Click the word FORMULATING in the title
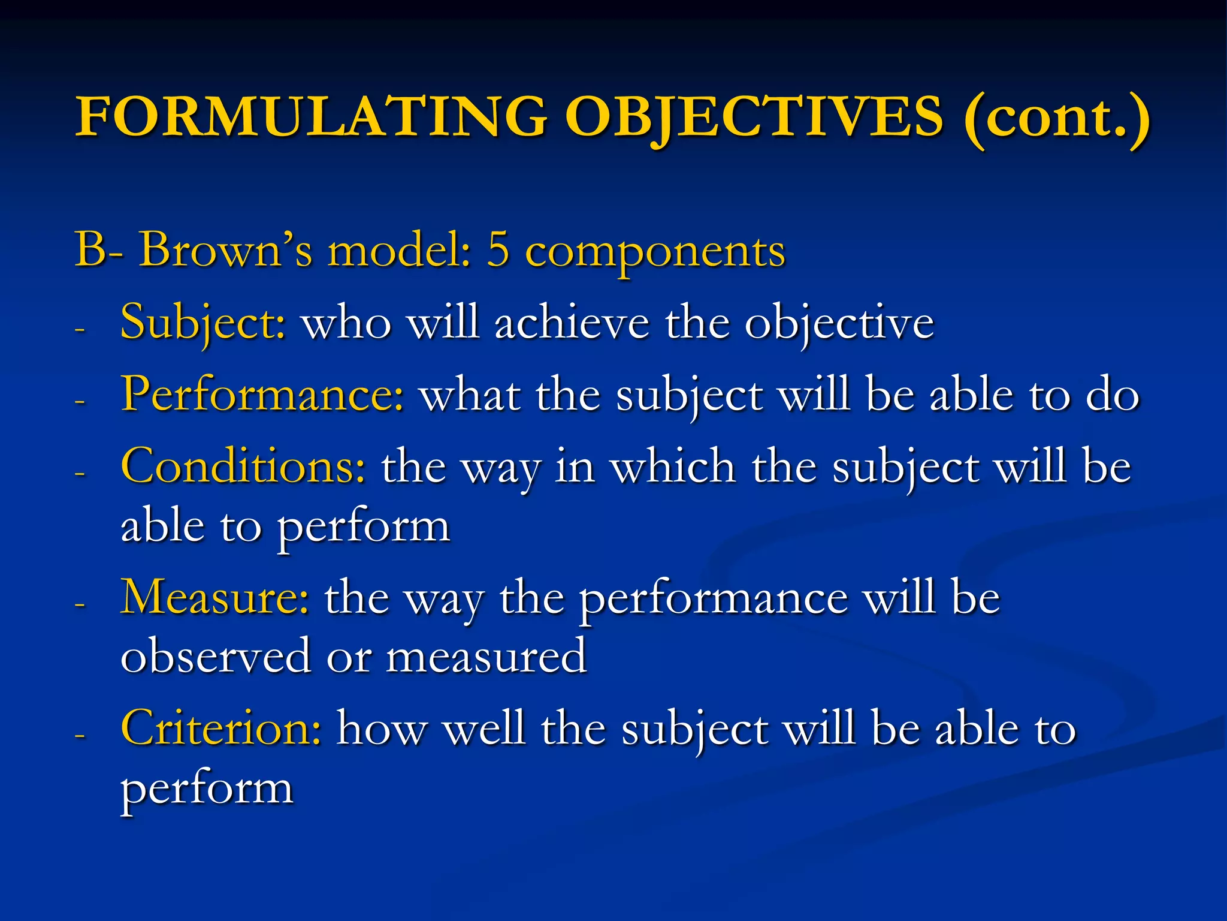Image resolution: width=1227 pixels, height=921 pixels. (311, 117)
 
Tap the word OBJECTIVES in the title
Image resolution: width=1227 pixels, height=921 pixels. (754, 117)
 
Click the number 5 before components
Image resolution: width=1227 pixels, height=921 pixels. (498, 251)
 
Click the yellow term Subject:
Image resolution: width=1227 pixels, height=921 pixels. (203, 324)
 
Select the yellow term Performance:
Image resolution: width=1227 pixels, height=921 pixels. (262, 395)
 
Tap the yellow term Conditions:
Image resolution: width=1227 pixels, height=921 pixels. (243, 467)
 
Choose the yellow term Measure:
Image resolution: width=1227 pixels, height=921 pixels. (215, 598)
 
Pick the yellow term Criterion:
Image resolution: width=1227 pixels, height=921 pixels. (221, 729)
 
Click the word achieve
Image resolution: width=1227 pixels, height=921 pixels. (572, 324)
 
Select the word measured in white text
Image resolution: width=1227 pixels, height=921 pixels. (486, 657)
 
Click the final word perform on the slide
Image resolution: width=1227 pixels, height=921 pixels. (207, 790)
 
